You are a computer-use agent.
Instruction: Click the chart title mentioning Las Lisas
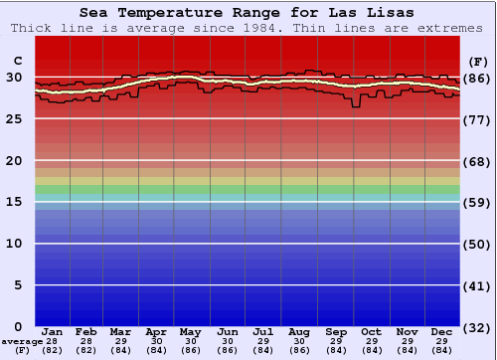(x=248, y=13)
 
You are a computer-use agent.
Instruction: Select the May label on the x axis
(x=190, y=331)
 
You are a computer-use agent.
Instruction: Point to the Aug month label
(x=298, y=331)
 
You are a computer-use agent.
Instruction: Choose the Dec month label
(x=442, y=331)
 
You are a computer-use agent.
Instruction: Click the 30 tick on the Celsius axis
(x=14, y=77)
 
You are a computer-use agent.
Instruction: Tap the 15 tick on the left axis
(x=14, y=202)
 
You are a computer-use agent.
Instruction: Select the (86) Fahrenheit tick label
(x=477, y=78)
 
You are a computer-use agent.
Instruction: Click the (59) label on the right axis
(x=477, y=203)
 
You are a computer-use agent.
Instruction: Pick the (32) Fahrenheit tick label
(x=477, y=327)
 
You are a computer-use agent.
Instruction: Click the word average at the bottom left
(x=22, y=341)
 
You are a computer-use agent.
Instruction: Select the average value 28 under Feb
(x=86, y=341)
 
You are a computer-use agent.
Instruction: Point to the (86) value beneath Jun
(x=227, y=350)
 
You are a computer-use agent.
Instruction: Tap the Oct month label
(x=371, y=331)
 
